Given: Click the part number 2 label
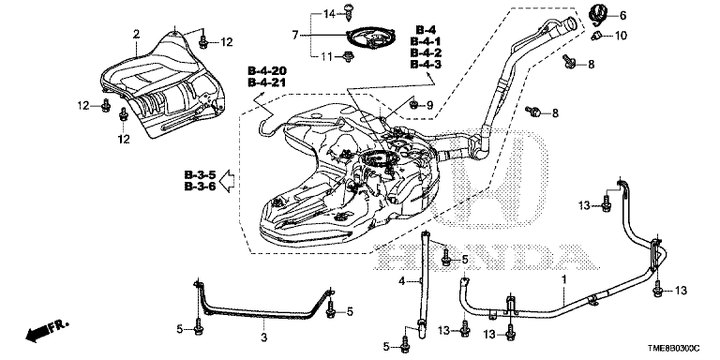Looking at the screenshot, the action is coord(136,34).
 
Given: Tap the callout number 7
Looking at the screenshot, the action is coord(295,35).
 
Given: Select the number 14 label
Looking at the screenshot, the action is coord(329,14).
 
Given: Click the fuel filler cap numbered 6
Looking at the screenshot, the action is coord(598,13).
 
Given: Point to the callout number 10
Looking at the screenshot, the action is coord(620,36).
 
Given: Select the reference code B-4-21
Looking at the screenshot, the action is coord(267,82).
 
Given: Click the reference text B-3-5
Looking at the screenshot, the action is coord(200,175).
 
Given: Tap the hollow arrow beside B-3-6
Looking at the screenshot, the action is coord(227,180).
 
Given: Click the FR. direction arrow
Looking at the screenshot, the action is coord(47,330).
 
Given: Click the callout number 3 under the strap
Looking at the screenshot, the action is coord(263,337).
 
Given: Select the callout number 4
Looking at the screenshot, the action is coord(401,281).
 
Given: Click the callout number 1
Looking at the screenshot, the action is coord(564,278).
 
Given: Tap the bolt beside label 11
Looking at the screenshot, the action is coord(349,57).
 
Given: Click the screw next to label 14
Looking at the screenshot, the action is coord(348,11).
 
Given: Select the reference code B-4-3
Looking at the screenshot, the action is coord(426,65).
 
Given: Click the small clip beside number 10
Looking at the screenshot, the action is coord(597,36).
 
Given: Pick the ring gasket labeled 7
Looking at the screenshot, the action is coord(371,37).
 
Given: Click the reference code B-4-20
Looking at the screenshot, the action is coord(267,71).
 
